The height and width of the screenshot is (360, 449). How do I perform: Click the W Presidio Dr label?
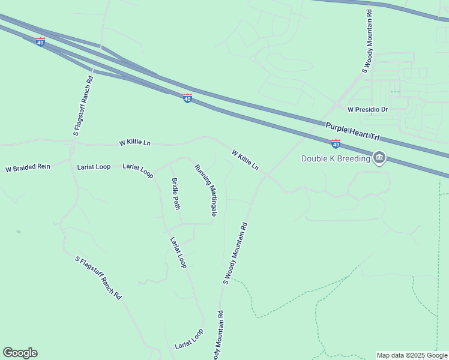tap(368, 110)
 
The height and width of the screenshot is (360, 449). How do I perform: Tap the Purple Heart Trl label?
tap(353, 131)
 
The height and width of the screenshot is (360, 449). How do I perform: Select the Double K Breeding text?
tap(336, 158)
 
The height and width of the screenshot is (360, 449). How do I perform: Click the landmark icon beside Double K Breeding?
tap(379, 158)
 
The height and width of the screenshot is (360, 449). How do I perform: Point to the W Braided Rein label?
tap(28, 169)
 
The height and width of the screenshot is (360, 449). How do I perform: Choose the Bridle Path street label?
tap(176, 194)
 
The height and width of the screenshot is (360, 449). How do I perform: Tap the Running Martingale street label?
tap(205, 190)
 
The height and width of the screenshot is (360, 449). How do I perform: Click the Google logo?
tap(20, 353)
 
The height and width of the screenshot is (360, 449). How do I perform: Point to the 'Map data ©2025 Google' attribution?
tap(412, 355)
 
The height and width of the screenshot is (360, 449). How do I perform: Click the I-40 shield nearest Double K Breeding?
tap(336, 143)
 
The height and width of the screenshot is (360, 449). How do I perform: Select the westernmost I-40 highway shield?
tap(40, 42)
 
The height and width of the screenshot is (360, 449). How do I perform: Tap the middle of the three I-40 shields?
tap(187, 98)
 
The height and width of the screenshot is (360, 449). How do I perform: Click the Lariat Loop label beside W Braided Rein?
tap(94, 167)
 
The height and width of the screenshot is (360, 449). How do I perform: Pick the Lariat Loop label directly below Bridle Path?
tap(178, 252)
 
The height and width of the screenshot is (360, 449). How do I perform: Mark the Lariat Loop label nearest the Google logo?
tap(189, 339)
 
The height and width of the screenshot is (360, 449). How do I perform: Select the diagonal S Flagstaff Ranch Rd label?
tap(98, 278)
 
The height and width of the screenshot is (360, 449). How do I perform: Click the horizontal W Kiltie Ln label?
tap(135, 143)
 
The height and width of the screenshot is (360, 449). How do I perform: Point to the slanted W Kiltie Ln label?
tap(245, 159)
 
